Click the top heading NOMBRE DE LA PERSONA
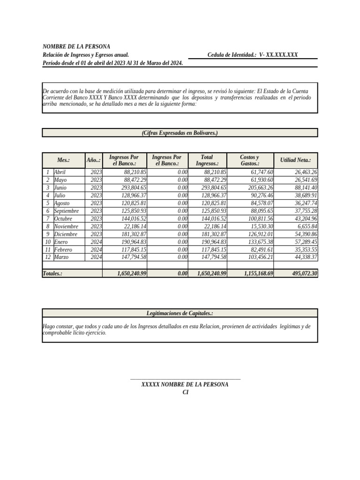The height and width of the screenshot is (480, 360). click(76, 46)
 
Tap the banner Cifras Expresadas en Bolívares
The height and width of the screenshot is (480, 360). click(180, 133)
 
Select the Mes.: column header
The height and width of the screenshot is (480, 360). click(63, 160)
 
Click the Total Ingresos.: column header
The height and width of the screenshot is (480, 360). click(207, 160)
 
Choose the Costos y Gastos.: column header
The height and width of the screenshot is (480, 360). click(250, 160)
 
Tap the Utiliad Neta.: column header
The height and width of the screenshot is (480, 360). click(295, 160)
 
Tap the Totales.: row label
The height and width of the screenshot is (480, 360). click(52, 273)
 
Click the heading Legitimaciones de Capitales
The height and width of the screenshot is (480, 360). click(180, 313)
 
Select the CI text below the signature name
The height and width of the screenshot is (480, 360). click(185, 392)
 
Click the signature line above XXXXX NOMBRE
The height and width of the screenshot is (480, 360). click(185, 379)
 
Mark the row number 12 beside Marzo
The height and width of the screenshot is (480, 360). click(48, 257)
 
